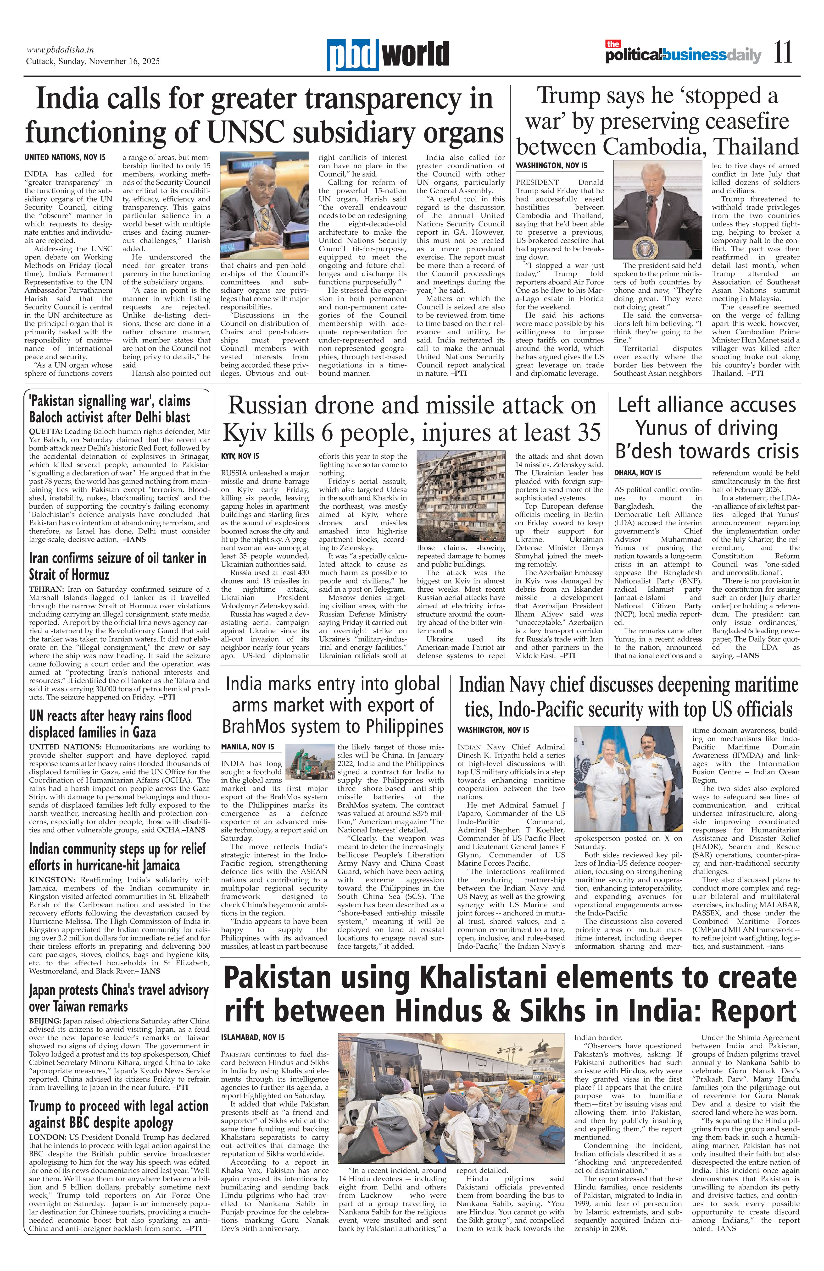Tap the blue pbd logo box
click(353, 55)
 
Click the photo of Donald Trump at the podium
click(657, 210)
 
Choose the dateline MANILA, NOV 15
click(247, 746)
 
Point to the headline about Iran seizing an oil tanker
click(117, 566)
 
